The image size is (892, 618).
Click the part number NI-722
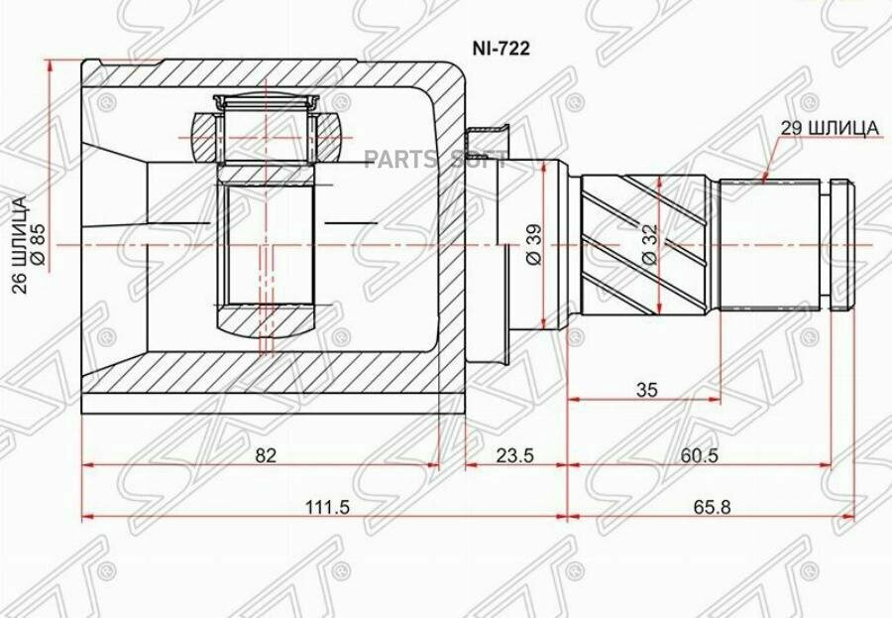(501, 49)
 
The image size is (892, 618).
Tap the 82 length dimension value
(266, 455)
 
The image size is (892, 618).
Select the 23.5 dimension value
(514, 455)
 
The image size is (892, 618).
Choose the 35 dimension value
(646, 390)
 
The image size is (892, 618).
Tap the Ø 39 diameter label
(535, 244)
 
